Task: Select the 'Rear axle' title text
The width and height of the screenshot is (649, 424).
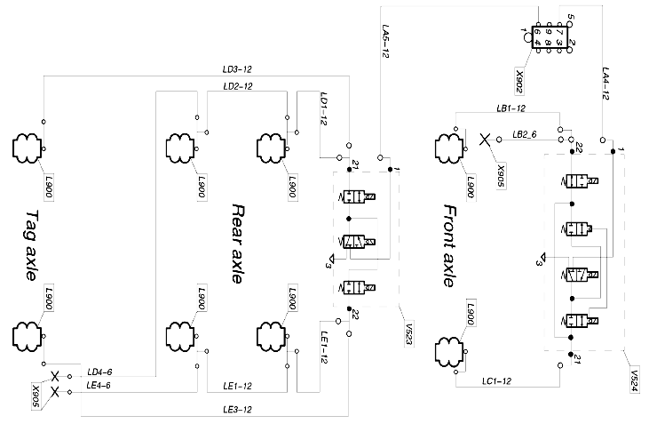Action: click(x=237, y=243)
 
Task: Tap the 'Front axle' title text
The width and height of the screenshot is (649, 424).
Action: click(x=448, y=244)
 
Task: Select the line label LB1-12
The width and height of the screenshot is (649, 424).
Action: click(x=510, y=108)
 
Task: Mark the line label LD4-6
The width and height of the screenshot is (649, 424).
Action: click(x=99, y=372)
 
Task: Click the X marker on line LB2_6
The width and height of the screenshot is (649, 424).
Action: click(x=486, y=140)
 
